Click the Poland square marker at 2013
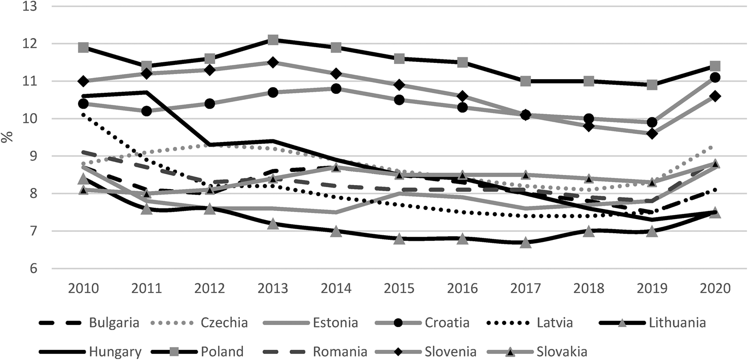coord(273,40)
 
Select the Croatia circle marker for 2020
coord(716,78)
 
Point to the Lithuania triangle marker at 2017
coord(526,242)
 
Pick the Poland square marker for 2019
coord(652,85)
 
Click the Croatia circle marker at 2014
coord(336,89)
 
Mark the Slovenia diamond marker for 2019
coord(652,133)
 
